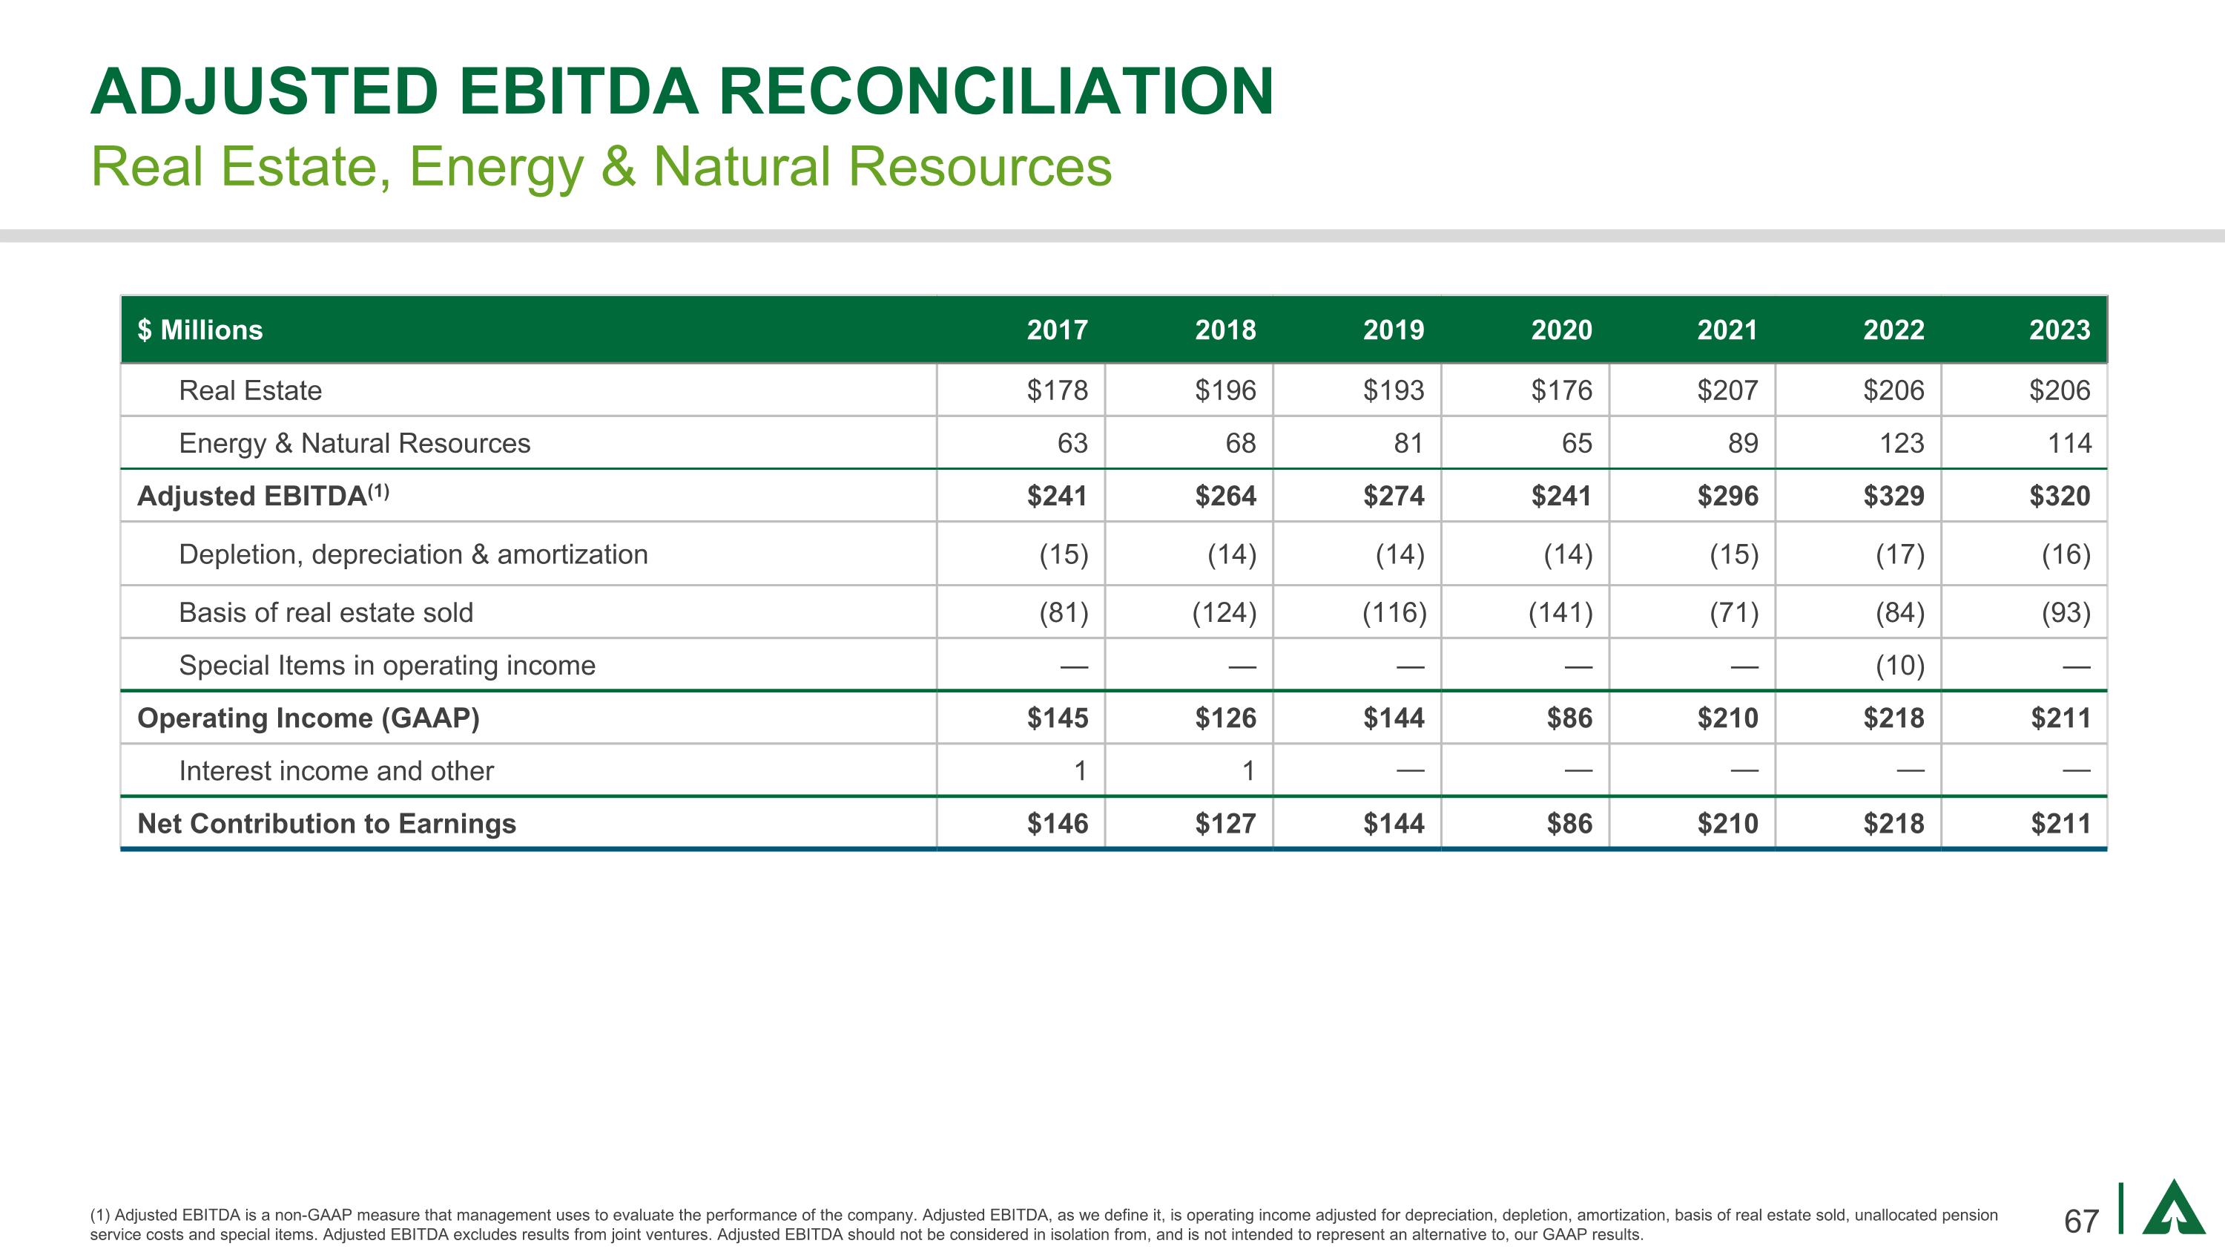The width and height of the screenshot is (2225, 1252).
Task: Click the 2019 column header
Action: point(1393,330)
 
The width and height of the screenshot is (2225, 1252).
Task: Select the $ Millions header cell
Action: point(200,330)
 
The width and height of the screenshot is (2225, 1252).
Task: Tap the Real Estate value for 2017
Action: point(1057,390)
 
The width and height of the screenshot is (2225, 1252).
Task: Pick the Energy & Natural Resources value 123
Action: point(1901,443)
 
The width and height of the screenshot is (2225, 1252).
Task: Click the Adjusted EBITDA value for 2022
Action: point(1893,496)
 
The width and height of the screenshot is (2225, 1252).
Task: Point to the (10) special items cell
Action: point(1899,665)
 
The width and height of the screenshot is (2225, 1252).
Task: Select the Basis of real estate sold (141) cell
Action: point(1560,612)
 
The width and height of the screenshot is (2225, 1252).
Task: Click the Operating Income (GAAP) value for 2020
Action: point(1569,718)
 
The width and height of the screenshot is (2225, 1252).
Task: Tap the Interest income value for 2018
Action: point(1247,771)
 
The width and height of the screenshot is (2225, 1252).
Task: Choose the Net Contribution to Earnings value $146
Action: point(1057,824)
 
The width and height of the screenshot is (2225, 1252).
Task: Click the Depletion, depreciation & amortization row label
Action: point(413,554)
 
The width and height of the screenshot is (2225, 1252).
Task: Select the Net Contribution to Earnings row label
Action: point(326,824)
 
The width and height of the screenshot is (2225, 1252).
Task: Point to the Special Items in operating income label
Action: point(387,665)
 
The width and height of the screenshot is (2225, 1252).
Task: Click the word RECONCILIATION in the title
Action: point(996,91)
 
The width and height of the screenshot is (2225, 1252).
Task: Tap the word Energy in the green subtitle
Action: point(495,167)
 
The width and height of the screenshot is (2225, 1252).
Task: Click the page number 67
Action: point(2081,1221)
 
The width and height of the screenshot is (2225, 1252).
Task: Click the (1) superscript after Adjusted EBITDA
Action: point(378,491)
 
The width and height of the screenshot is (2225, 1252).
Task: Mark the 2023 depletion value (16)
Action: point(2066,554)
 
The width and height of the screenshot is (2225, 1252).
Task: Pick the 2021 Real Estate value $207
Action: point(1727,390)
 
